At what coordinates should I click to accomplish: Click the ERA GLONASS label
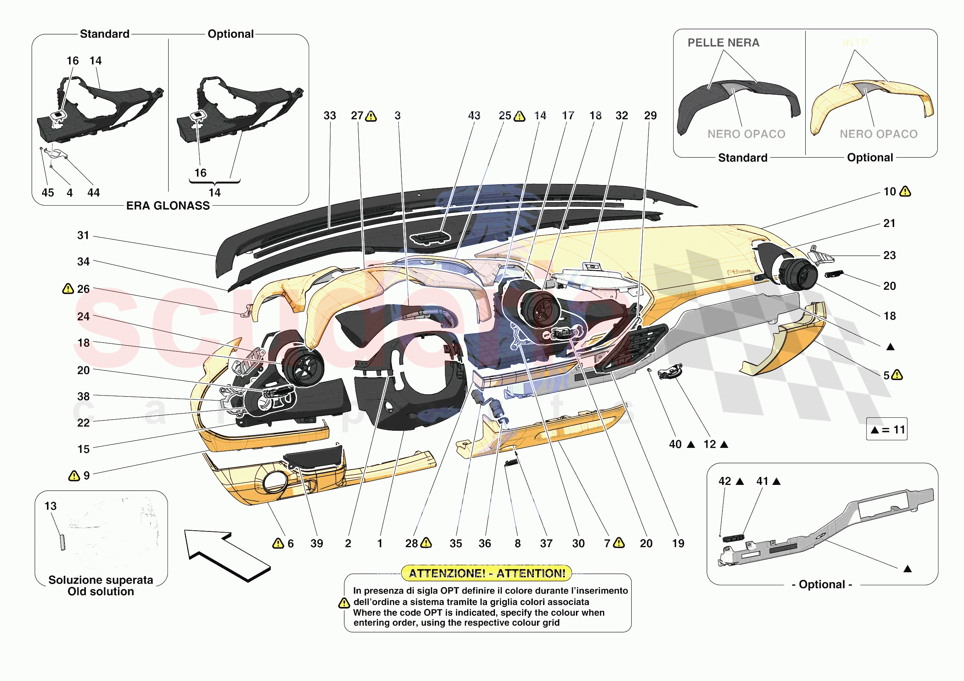click(x=168, y=206)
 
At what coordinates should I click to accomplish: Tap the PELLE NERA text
click(x=723, y=43)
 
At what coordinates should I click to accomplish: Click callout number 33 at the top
click(x=330, y=116)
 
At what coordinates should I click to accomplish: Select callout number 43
click(x=474, y=116)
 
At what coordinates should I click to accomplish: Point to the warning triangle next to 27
click(x=371, y=116)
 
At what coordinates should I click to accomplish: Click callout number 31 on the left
click(x=83, y=235)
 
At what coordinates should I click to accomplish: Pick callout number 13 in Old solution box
click(x=50, y=506)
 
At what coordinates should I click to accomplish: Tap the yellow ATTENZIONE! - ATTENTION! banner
click(x=487, y=573)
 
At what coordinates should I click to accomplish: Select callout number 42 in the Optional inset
click(x=725, y=481)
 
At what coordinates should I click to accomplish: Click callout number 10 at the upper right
click(x=889, y=192)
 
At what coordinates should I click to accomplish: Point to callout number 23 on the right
click(x=889, y=255)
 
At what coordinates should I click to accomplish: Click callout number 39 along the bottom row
click(x=317, y=543)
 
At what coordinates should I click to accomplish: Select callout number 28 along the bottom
click(x=411, y=543)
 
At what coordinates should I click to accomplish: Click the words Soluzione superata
click(x=101, y=580)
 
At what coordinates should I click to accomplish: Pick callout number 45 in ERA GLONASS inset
click(x=47, y=193)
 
